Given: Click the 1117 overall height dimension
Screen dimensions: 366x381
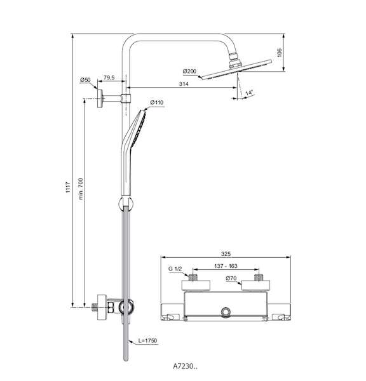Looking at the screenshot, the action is point(68,187).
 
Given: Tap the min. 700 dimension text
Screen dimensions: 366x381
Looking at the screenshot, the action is point(81,189).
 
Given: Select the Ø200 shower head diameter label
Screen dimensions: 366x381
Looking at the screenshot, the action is point(189,71).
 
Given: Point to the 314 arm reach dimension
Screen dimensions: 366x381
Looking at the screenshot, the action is point(184,84).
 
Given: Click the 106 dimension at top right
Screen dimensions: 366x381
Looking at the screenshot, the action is point(280,53).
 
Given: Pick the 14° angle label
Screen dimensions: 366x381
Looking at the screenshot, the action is point(249,93).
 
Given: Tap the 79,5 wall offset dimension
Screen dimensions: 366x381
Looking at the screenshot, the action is point(109,77).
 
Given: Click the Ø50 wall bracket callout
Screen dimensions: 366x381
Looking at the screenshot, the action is point(85,80).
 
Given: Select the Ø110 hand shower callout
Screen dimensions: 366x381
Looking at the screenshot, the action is point(157,102).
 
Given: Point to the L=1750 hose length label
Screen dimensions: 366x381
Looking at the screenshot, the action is point(147,340).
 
